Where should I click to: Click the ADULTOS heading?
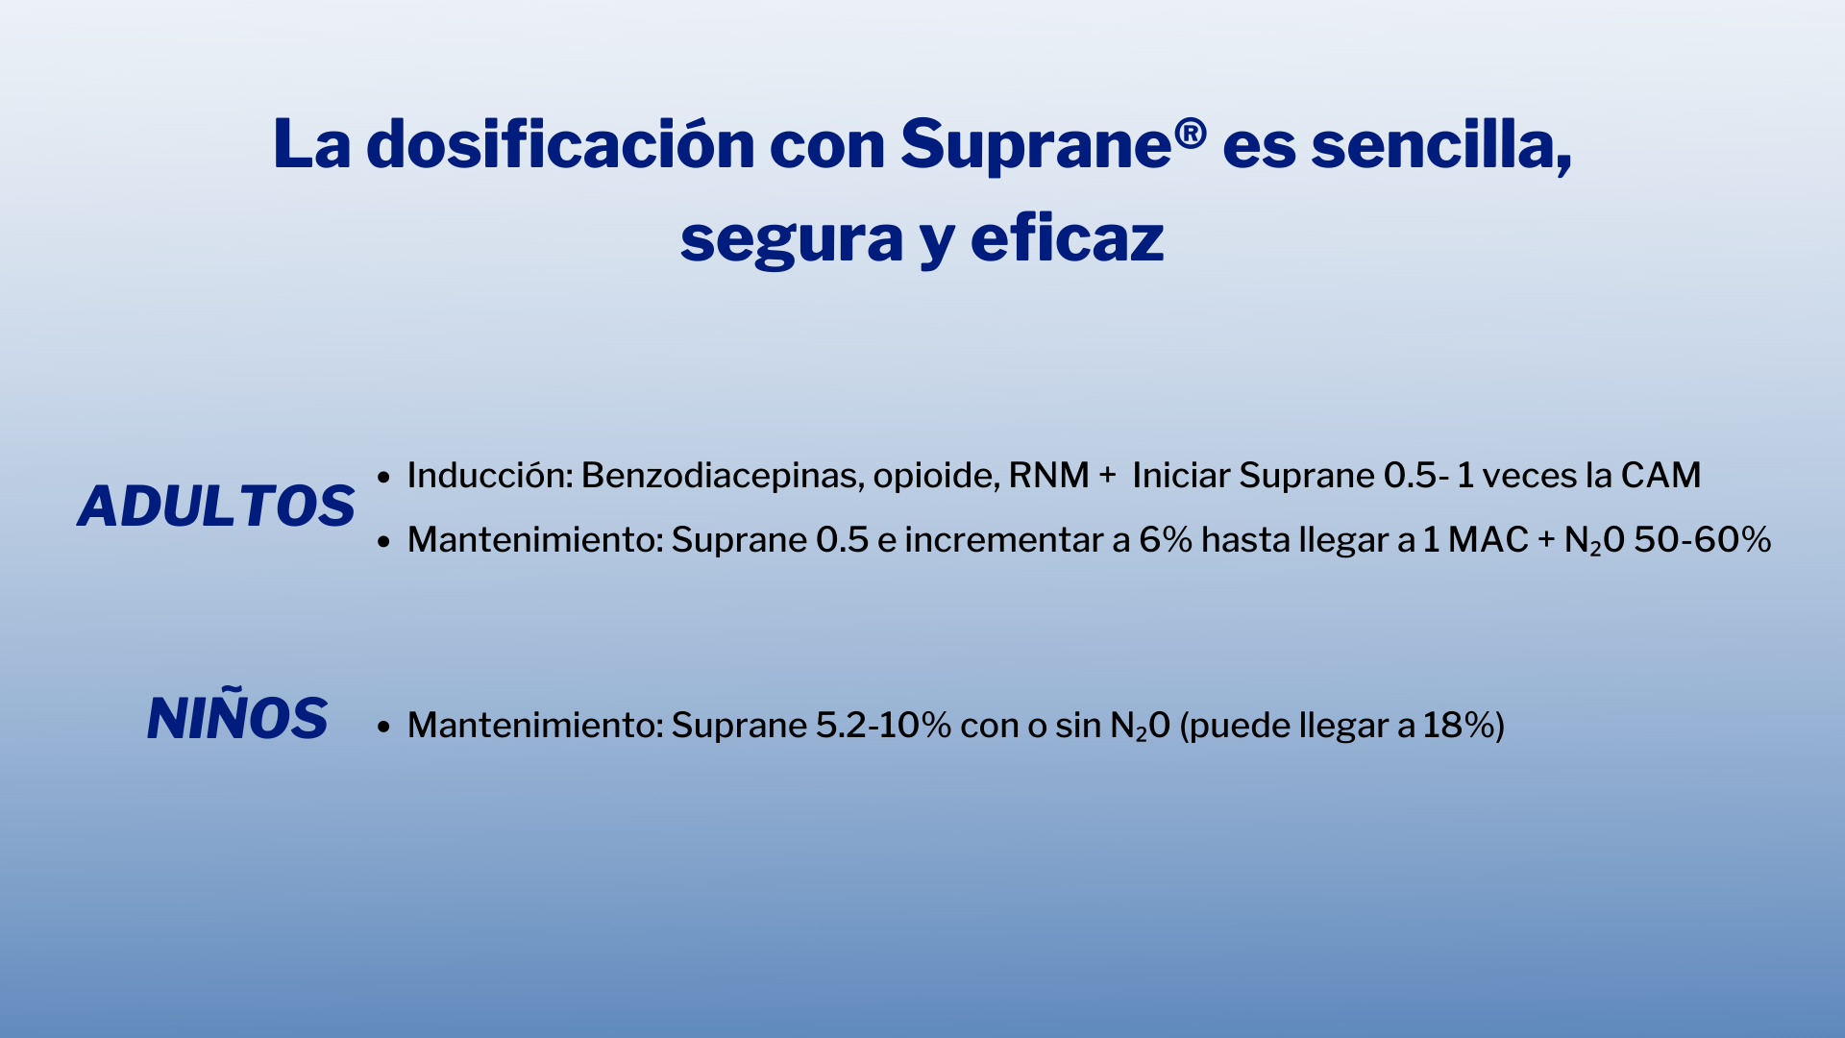216,507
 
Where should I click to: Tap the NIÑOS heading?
237,719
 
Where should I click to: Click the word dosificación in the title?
560,145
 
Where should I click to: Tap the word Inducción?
489,476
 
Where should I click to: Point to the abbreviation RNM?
1048,476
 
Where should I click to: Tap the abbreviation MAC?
1488,540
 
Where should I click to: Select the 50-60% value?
1702,540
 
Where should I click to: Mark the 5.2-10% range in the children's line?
883,726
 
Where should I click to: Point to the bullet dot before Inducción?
383,477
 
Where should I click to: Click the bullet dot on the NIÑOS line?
383,727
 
